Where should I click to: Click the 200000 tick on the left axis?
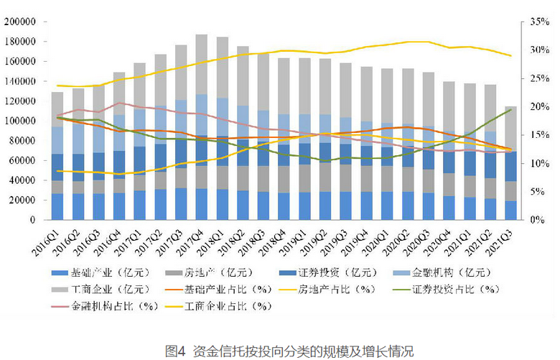click(22, 22)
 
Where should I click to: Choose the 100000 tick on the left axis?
click(22, 121)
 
